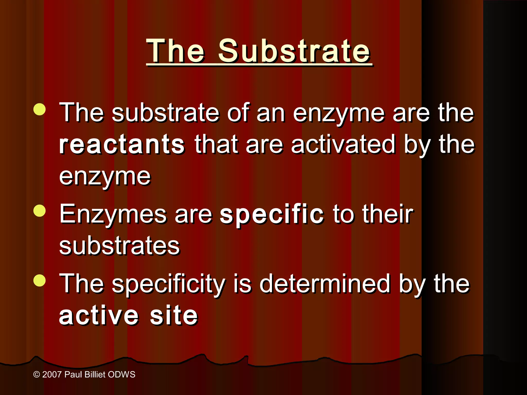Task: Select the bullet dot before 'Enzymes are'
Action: (x=40, y=211)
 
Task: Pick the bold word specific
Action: (x=271, y=214)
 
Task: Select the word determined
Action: (x=325, y=284)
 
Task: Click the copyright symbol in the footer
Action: (x=37, y=375)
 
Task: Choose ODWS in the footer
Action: (x=121, y=374)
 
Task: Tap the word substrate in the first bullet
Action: (x=165, y=113)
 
